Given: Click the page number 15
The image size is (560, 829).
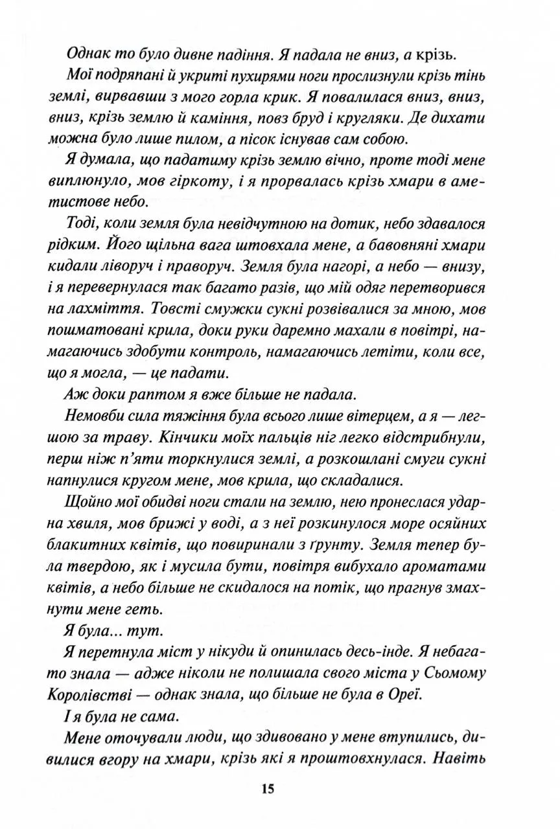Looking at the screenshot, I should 269,789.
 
